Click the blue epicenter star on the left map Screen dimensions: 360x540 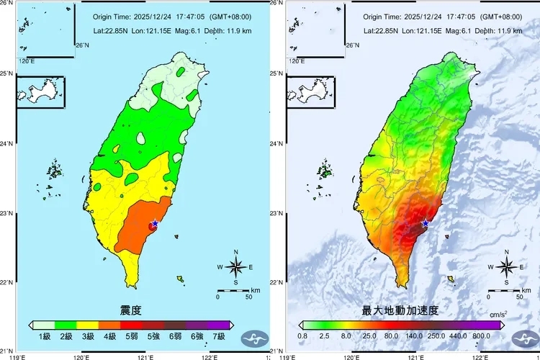(155, 223)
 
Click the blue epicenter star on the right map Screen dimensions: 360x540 (426, 223)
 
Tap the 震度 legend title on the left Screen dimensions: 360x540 (130, 310)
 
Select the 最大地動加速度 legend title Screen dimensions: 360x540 (400, 310)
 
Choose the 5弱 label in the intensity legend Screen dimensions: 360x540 (132, 336)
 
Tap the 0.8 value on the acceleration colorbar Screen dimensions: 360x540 (303, 336)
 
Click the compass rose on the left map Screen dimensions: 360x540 (235, 267)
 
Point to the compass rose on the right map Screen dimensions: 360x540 (506, 267)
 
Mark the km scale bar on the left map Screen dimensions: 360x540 (234, 291)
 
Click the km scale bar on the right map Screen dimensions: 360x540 (504, 291)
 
